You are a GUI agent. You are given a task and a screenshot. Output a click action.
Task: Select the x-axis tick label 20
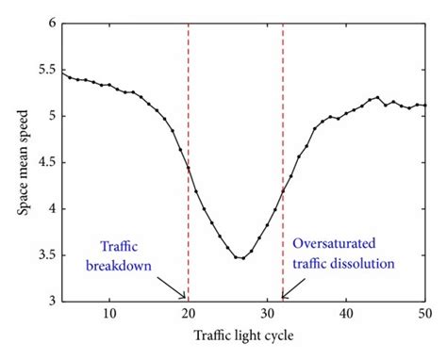coord(189,314)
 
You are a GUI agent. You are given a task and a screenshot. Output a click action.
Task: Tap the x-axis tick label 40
coord(346,314)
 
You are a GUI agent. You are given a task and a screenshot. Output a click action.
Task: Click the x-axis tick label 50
coord(424,314)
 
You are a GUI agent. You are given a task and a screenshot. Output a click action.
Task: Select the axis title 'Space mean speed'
coord(21,161)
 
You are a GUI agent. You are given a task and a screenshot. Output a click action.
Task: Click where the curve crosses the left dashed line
coord(189,169)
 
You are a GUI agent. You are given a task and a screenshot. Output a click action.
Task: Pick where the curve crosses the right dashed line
coord(283,193)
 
